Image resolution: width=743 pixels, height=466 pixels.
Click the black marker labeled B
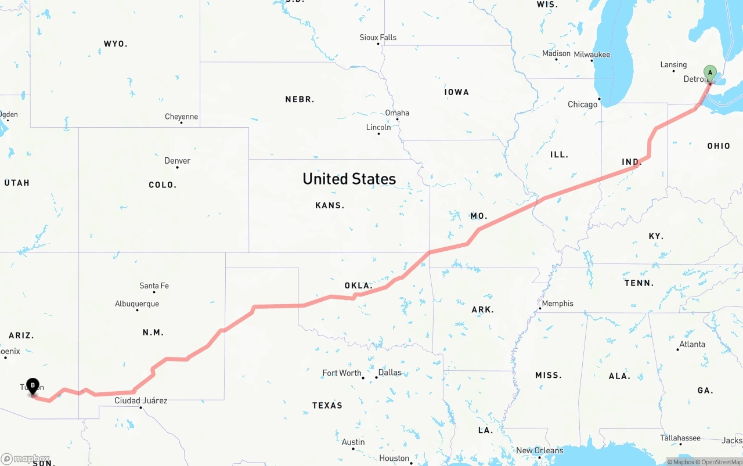[33, 385]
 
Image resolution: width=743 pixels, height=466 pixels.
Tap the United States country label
[349, 179]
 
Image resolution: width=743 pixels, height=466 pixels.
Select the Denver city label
[177, 161]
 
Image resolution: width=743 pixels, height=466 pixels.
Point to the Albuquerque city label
[136, 304]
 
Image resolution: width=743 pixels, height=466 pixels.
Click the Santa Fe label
[154, 286]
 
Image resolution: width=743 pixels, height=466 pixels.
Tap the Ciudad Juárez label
[140, 400]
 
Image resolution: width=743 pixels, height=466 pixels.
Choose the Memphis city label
[557, 304]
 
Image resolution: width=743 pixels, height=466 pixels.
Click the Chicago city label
[582, 104]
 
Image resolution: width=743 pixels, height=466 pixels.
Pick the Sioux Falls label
[378, 38]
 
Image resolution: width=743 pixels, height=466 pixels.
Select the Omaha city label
[397, 113]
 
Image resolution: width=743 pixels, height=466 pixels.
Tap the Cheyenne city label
[181, 117]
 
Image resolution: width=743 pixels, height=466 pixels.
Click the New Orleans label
[539, 450]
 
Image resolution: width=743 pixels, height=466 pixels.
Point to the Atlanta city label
[692, 344]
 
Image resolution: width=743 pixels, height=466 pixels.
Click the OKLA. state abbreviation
[358, 286]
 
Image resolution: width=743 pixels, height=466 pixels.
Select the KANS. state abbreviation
[330, 205]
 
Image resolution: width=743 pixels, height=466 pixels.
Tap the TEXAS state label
[327, 405]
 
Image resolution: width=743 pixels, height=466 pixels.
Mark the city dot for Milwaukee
[591, 61]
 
